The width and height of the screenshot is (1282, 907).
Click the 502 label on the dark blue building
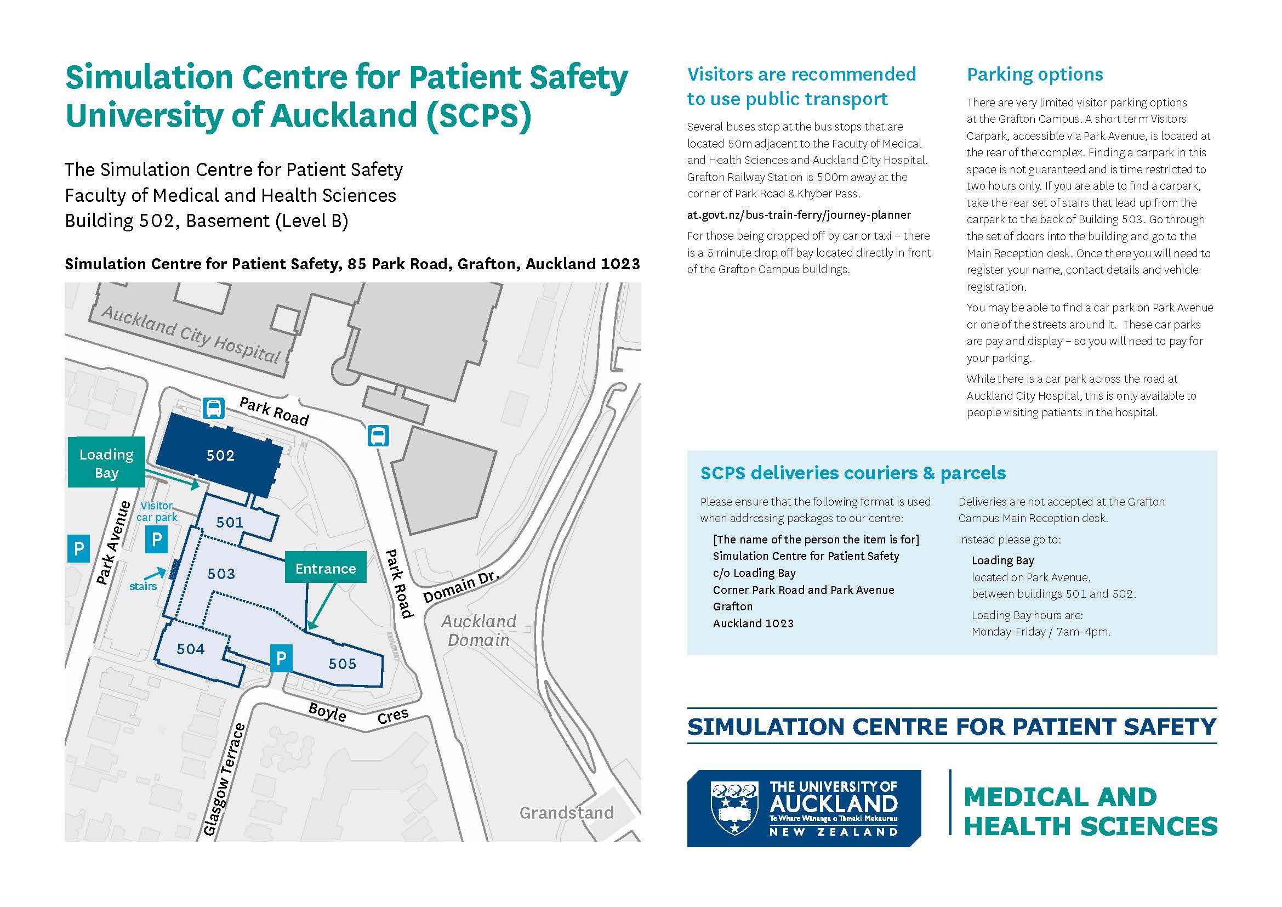(x=220, y=455)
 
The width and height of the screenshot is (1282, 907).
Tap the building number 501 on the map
(x=230, y=522)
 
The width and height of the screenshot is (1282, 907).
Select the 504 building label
(x=190, y=648)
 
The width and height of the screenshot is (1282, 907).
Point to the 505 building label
(x=341, y=664)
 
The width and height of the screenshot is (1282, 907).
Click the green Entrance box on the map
(x=326, y=568)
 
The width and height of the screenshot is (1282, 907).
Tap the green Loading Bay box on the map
(x=107, y=462)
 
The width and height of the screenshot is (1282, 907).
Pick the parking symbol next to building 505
(x=281, y=659)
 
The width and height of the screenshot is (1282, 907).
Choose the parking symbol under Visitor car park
(x=156, y=539)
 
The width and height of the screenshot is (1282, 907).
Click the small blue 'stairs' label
(x=143, y=586)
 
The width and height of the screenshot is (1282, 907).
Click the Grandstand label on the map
(x=566, y=813)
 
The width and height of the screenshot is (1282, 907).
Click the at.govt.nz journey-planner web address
(x=799, y=215)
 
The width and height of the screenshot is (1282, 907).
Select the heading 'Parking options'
(x=1035, y=74)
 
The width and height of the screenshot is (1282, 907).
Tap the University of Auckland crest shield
(x=734, y=808)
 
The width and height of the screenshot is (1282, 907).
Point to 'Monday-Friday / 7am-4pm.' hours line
(x=1041, y=632)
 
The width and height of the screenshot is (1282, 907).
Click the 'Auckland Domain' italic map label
(x=478, y=631)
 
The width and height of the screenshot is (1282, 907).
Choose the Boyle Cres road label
(x=358, y=715)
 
